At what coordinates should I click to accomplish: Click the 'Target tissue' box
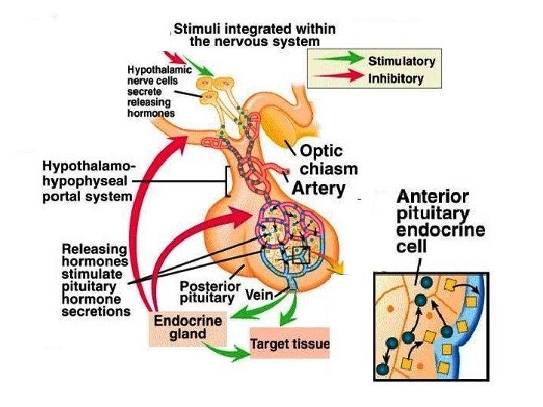tap(290, 345)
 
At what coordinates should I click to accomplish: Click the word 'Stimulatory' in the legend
tap(401, 59)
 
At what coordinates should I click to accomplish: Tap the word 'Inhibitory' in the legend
tap(395, 78)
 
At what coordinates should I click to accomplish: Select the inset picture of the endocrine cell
tap(432, 326)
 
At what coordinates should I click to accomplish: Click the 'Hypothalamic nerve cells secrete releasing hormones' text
tap(151, 90)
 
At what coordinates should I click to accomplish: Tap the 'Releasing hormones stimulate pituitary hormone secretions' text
tap(96, 279)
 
